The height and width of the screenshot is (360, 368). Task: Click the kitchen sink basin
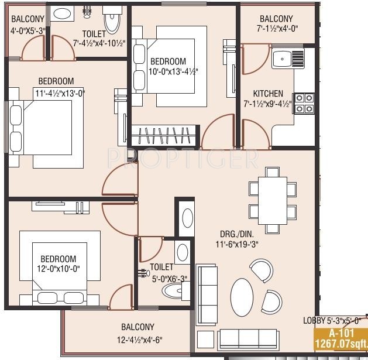point(282,59)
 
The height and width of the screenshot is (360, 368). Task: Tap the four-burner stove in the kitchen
point(304,104)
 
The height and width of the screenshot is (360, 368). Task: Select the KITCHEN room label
point(268,94)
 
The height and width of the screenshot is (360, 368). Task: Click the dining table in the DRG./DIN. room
point(273,201)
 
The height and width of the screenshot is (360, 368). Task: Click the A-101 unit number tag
point(342,333)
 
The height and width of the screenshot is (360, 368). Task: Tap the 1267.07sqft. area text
point(342,344)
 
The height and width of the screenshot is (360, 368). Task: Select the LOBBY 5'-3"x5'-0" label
point(331,321)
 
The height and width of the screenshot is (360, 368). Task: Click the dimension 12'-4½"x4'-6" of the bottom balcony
point(140,340)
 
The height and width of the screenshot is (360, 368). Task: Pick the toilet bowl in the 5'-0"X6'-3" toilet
point(172,291)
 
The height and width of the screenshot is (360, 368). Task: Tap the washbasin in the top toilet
point(62,13)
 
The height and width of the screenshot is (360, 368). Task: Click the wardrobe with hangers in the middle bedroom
point(164,135)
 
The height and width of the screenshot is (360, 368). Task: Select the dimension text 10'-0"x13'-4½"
point(173,71)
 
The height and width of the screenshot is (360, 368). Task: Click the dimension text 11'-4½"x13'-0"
point(60,93)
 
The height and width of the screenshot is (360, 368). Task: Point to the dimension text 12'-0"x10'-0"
point(59,269)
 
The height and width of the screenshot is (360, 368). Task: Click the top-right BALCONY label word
point(276,19)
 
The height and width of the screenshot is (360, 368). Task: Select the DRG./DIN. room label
point(237,234)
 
